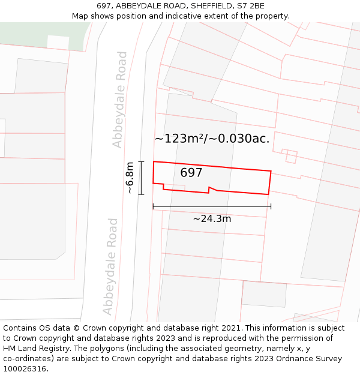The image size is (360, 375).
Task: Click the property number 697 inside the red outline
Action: (x=191, y=173)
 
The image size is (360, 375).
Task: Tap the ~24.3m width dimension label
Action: (x=212, y=219)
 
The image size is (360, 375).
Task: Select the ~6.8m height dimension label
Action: (x=129, y=178)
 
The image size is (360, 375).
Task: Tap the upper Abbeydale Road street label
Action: (x=120, y=100)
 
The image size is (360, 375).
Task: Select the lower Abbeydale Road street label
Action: (x=110, y=266)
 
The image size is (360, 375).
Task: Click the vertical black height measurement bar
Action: (x=142, y=178)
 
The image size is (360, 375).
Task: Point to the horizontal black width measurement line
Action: (x=212, y=206)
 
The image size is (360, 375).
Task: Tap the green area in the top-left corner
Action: (x=36, y=33)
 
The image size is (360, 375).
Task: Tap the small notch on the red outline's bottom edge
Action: (x=209, y=190)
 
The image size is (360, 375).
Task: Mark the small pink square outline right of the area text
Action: (x=292, y=157)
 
